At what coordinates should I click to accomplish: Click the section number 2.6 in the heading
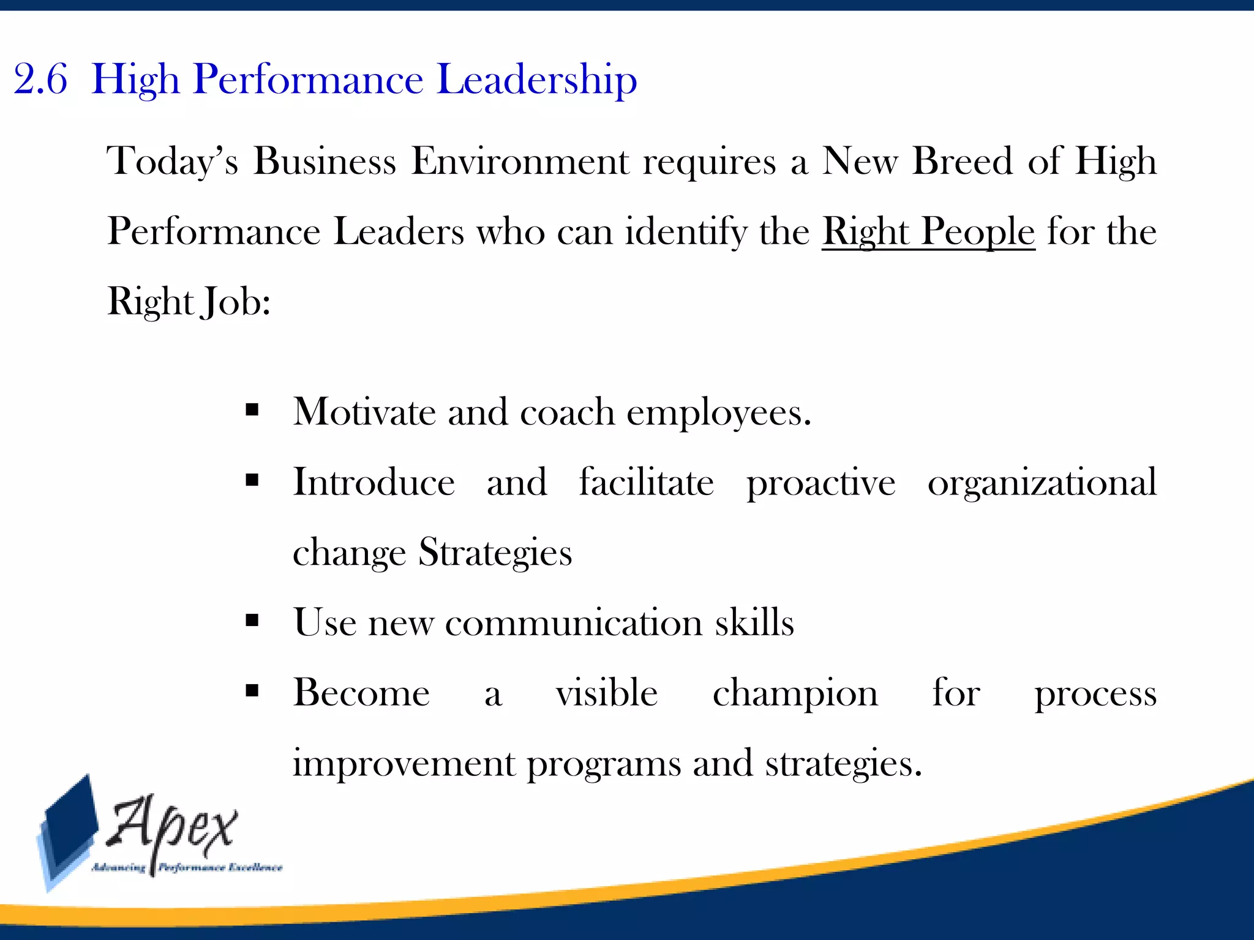pyautogui.click(x=40, y=80)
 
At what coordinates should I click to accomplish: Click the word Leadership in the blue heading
pyautogui.click(x=537, y=80)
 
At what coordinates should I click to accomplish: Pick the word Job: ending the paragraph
pyautogui.click(x=237, y=302)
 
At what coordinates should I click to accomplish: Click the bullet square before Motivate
pyautogui.click(x=252, y=410)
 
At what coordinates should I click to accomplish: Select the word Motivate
pyautogui.click(x=364, y=412)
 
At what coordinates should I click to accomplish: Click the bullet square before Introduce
pyautogui.click(x=252, y=480)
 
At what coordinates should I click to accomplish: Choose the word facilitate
pyautogui.click(x=647, y=482)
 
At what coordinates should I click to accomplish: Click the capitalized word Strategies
pyautogui.click(x=495, y=553)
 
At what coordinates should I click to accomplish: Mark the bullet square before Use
pyautogui.click(x=252, y=621)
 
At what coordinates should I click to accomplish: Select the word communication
pyautogui.click(x=574, y=623)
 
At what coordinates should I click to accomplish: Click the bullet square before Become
pyautogui.click(x=252, y=691)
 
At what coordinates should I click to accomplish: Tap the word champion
pyautogui.click(x=795, y=694)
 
